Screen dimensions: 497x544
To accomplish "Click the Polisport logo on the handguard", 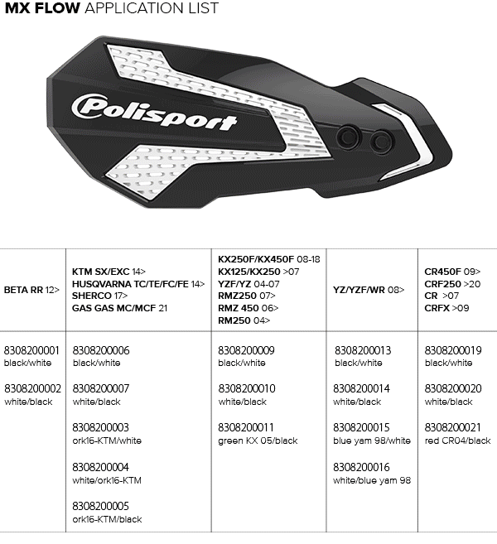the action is click(154, 112).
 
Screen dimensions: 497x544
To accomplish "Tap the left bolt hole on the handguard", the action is click(349, 137).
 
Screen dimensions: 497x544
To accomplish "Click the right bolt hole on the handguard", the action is click(381, 142).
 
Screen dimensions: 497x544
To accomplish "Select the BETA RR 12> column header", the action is click(31, 290).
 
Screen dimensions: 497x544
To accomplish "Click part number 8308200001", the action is click(31, 350).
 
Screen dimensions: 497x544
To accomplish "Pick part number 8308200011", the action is click(246, 427).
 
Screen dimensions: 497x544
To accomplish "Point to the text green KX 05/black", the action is click(258, 441).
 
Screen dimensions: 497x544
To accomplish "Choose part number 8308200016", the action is click(361, 467).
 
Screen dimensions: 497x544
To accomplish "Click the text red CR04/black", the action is click(458, 440).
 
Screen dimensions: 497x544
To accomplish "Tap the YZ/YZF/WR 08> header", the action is click(369, 290).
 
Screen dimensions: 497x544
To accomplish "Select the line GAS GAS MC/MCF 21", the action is click(120, 308).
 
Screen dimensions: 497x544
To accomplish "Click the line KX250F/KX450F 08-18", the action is click(269, 259).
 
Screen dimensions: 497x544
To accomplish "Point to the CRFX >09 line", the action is click(446, 308).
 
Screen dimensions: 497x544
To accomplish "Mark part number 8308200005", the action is click(101, 506).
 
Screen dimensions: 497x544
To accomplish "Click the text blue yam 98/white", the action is click(372, 440).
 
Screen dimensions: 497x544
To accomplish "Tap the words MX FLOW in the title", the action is click(42, 8).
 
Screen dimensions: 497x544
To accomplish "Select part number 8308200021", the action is click(453, 427).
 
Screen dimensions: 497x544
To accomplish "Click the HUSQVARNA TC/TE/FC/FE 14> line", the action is click(138, 284).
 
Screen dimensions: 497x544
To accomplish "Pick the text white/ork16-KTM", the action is click(107, 480).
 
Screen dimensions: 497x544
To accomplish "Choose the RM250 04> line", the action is click(244, 320).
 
